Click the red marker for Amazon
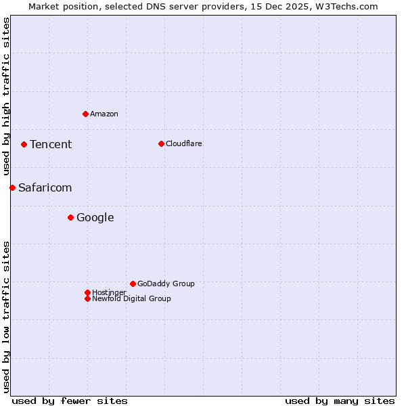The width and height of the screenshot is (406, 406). point(85,114)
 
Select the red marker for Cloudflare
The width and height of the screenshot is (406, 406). point(161,143)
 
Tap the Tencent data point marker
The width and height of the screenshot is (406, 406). point(24,144)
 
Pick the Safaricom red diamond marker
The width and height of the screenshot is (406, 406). point(12,187)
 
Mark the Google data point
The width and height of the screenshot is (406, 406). point(70,217)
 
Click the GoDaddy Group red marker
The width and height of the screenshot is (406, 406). point(133,284)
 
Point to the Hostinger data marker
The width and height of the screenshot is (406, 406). point(87,292)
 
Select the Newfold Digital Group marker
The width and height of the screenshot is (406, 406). point(87,298)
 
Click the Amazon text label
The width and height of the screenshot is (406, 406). point(104,114)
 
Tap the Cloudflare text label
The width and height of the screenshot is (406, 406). point(184,143)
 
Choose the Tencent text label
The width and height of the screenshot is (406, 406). point(51,144)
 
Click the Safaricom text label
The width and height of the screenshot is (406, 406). point(45,187)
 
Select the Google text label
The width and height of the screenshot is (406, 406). point(95,217)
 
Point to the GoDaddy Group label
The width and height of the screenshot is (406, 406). point(166,284)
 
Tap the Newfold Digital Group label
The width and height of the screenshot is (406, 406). point(131,298)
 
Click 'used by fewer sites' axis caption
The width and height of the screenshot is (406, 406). point(70,401)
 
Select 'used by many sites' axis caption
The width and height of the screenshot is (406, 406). point(340,401)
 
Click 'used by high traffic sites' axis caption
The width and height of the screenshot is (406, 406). point(6,97)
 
